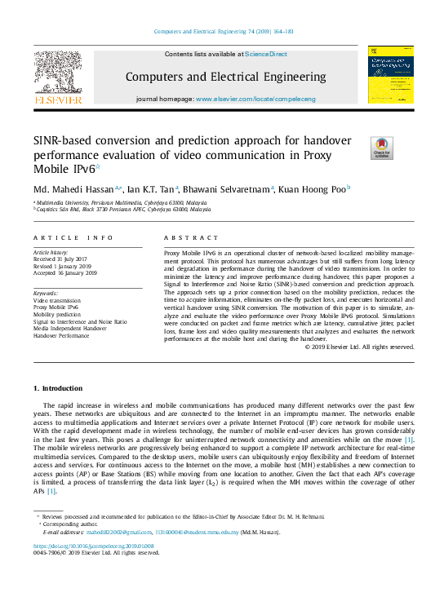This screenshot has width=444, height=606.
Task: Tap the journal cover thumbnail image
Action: click(390, 74)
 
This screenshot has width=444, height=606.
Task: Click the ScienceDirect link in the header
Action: click(266, 54)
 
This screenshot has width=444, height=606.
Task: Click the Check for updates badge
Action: click(381, 147)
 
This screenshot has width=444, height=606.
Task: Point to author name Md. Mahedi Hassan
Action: click(73, 188)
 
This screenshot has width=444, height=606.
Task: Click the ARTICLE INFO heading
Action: click(73, 237)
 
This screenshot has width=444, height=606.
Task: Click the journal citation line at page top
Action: click(222, 33)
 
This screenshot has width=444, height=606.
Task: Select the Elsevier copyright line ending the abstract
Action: click(359, 347)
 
